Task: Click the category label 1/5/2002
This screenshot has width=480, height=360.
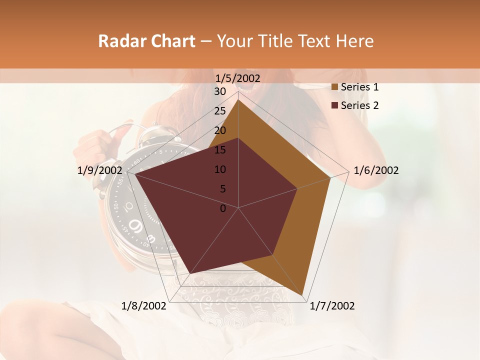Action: point(237,78)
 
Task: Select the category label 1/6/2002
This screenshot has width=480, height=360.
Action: point(376,170)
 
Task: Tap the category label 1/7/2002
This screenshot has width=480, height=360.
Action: point(332,306)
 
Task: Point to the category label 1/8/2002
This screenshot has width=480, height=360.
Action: point(143,306)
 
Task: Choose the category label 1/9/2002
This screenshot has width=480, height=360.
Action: point(100,170)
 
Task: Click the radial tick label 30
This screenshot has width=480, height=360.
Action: point(220,91)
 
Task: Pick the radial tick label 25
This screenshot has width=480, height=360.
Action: point(220,111)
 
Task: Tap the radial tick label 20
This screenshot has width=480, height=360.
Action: point(220,130)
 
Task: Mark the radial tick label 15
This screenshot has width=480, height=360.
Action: point(220,150)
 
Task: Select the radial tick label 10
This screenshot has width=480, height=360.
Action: point(220,169)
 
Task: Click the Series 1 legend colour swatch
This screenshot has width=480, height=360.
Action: point(335,87)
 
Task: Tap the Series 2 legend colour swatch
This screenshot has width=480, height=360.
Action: point(335,105)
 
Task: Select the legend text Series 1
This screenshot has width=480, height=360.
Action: point(359,87)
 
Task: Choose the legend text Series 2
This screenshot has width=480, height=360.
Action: point(359,105)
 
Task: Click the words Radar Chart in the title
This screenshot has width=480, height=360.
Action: point(146,41)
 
